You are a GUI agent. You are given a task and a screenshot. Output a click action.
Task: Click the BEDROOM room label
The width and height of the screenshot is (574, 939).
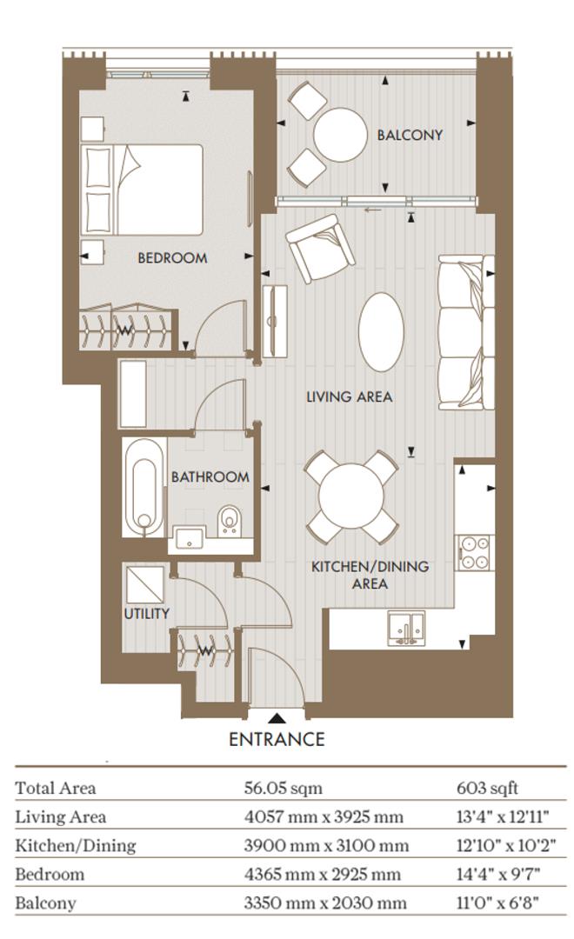click(172, 258)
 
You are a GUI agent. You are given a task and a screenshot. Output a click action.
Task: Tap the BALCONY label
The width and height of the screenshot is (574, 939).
click(410, 136)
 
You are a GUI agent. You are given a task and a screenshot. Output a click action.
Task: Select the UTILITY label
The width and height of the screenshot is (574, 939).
click(146, 613)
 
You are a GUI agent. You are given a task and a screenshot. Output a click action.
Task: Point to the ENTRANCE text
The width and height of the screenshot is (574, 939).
click(277, 739)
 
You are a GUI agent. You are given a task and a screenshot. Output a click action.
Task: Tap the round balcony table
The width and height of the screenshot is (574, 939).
click(340, 135)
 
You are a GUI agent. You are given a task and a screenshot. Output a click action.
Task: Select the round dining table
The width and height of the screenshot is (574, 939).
click(351, 496)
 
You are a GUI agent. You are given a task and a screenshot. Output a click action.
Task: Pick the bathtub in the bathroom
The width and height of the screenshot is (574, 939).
click(143, 487)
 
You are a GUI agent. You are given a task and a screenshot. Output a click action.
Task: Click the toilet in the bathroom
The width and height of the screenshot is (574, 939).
click(228, 518)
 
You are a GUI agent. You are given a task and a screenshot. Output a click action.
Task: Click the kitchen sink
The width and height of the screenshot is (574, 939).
click(405, 629)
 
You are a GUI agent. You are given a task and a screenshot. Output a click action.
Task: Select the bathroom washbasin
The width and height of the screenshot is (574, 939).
click(190, 539)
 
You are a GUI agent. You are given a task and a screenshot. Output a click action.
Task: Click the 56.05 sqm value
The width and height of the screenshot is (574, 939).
click(283, 788)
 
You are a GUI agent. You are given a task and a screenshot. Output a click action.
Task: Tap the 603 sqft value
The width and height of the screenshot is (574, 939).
click(487, 788)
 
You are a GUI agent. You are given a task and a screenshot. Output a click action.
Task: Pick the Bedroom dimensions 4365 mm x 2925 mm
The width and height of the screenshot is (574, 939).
click(323, 875)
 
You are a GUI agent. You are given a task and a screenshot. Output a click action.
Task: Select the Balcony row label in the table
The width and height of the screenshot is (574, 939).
click(45, 903)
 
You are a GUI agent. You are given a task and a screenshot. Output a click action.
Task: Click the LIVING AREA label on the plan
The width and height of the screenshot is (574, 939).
click(350, 396)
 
